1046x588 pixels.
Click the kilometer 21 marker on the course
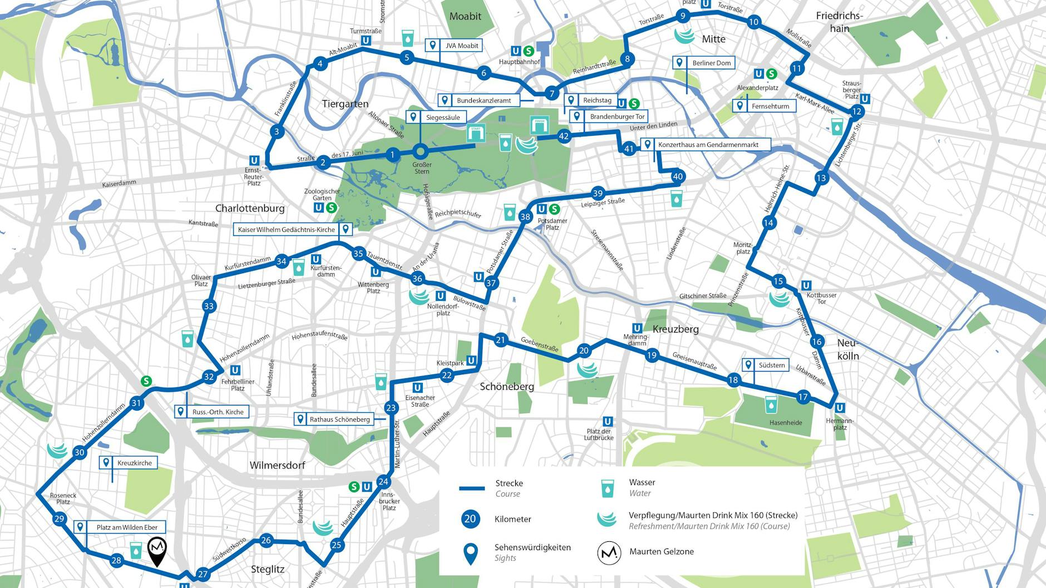point(501,340)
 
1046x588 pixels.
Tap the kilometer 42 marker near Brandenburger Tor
point(564,136)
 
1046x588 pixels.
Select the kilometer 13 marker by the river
point(821,178)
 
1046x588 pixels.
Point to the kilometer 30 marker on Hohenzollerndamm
point(80,452)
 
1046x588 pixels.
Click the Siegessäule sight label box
point(436,117)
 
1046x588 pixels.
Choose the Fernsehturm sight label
point(764,106)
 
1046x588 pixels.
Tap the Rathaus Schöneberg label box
point(333,419)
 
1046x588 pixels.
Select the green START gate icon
point(475,133)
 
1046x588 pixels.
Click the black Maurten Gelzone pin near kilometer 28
point(157,550)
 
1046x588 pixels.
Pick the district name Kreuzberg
point(675,329)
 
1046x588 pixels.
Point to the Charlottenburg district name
point(250,208)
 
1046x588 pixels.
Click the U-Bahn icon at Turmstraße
point(366,41)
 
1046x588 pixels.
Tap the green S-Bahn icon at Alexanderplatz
point(771,73)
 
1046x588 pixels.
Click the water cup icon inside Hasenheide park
point(771,404)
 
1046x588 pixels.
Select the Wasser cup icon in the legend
point(607,488)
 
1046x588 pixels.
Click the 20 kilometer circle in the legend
point(470,519)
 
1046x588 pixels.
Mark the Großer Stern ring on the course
point(421,152)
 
